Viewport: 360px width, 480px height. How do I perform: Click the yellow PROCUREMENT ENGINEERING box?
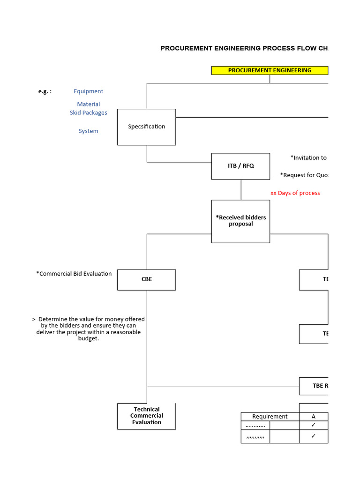click(270, 70)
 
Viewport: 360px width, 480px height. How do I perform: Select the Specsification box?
click(146, 127)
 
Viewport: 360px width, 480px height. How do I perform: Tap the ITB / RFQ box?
click(240, 166)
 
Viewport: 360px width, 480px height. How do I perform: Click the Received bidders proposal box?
click(240, 221)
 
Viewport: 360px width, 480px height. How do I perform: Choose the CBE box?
click(146, 279)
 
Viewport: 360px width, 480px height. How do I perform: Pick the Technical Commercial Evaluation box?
click(146, 416)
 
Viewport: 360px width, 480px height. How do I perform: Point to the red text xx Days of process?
click(295, 193)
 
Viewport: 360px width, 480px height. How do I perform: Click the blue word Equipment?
click(88, 91)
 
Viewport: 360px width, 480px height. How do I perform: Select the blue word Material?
click(88, 104)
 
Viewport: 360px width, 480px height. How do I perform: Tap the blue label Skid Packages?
click(88, 113)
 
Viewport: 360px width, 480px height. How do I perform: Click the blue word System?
click(88, 131)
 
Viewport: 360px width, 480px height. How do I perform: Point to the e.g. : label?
click(45, 91)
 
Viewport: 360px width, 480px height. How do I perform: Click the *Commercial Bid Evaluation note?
click(74, 274)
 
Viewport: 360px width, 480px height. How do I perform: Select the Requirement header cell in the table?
click(270, 417)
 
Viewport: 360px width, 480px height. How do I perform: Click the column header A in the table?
click(313, 417)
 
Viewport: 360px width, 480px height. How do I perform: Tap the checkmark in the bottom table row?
click(313, 436)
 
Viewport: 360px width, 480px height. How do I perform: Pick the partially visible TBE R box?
click(314, 386)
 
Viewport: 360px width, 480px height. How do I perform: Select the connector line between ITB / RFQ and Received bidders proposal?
click(241, 190)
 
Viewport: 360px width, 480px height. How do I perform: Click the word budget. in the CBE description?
click(88, 339)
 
